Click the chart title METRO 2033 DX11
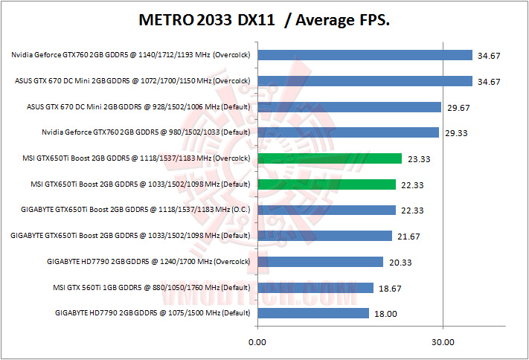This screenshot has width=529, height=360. pos(265,20)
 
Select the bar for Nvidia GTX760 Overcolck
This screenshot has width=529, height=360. pos(365,55)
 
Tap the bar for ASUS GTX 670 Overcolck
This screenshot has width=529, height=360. pos(365,81)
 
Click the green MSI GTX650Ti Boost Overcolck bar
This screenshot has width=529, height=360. pos(330,158)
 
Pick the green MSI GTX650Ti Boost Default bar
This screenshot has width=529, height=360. pos(327,184)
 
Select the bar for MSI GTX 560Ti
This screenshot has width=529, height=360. pos(315,288)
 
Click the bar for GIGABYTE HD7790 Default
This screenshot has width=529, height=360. pos(312,313)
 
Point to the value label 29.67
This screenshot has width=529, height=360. pos(461,108)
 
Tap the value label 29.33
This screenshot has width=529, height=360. pos(458,133)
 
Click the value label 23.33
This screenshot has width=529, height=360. pos(421,159)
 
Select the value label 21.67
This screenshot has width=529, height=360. pos(411,237)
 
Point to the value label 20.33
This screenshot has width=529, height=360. pos(403,262)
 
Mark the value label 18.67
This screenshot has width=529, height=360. pos(392,288)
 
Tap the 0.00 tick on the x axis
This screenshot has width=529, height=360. pos(257,342)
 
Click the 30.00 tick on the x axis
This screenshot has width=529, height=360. pos(443,342)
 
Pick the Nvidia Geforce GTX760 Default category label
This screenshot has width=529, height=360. pos(147,133)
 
